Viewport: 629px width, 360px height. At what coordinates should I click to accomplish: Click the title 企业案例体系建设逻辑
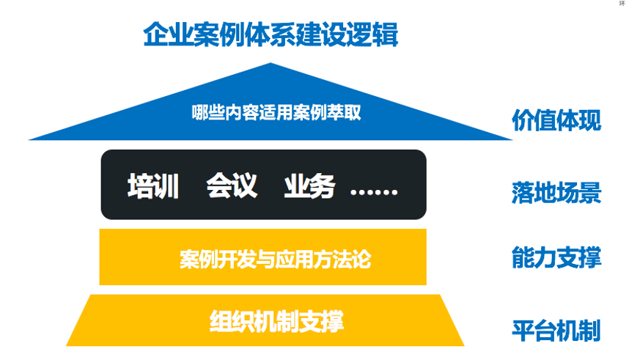pyautogui.click(x=271, y=34)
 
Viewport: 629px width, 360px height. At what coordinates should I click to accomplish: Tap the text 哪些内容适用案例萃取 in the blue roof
pyautogui.click(x=276, y=112)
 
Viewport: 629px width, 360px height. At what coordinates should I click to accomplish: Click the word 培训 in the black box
pyautogui.click(x=152, y=185)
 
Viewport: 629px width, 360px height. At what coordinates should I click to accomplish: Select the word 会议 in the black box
pyautogui.click(x=232, y=185)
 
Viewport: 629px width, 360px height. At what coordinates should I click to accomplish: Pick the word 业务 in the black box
pyautogui.click(x=309, y=186)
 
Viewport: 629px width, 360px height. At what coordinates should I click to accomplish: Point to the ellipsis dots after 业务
pyautogui.click(x=374, y=192)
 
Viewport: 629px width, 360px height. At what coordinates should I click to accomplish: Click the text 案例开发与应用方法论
pyautogui.click(x=275, y=259)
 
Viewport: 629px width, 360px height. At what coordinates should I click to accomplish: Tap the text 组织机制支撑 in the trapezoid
pyautogui.click(x=276, y=321)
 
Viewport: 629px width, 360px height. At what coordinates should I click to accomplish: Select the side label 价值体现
pyautogui.click(x=556, y=120)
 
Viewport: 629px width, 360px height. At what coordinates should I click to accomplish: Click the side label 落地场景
pyautogui.click(x=556, y=193)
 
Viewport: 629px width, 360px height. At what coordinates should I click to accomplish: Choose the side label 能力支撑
pyautogui.click(x=556, y=257)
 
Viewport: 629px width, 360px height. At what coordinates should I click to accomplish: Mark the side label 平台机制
pyautogui.click(x=556, y=331)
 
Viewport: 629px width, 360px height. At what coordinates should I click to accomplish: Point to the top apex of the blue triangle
pyautogui.click(x=271, y=63)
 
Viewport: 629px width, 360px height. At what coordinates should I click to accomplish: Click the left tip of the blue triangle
pyautogui.click(x=29, y=139)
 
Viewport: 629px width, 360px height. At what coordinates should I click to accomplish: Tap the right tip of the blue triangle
pyautogui.click(x=512, y=139)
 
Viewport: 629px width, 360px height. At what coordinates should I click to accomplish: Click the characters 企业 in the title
pyautogui.click(x=168, y=34)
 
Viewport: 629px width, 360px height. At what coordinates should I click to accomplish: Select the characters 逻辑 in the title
pyautogui.click(x=372, y=34)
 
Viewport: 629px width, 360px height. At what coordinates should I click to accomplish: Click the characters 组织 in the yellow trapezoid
pyautogui.click(x=232, y=321)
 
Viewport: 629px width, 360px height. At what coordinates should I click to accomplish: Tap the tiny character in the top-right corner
pyautogui.click(x=622, y=3)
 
